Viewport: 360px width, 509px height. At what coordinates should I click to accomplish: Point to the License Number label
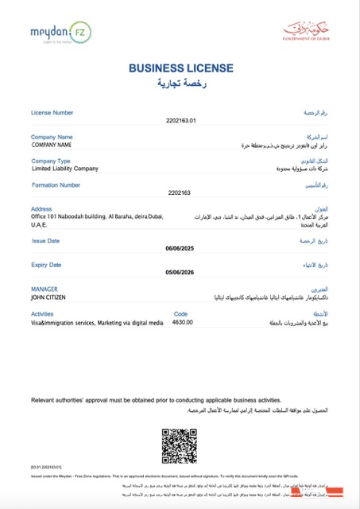(53, 113)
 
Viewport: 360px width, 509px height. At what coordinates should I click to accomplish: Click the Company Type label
(51, 161)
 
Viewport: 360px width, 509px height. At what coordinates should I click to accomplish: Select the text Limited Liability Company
(65, 169)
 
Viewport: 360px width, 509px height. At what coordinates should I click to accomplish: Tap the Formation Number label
(56, 185)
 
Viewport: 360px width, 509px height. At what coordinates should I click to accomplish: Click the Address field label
(41, 209)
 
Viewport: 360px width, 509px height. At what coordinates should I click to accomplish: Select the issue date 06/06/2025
(180, 248)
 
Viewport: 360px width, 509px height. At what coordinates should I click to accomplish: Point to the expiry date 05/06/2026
(180, 272)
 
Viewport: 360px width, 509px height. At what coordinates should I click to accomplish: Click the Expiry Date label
(46, 265)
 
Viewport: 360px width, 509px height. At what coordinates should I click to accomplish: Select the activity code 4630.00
(183, 322)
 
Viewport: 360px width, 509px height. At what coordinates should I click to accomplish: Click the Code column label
(180, 314)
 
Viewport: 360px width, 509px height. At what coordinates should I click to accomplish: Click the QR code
(180, 445)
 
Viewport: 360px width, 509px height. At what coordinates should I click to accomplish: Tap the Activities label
(43, 314)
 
